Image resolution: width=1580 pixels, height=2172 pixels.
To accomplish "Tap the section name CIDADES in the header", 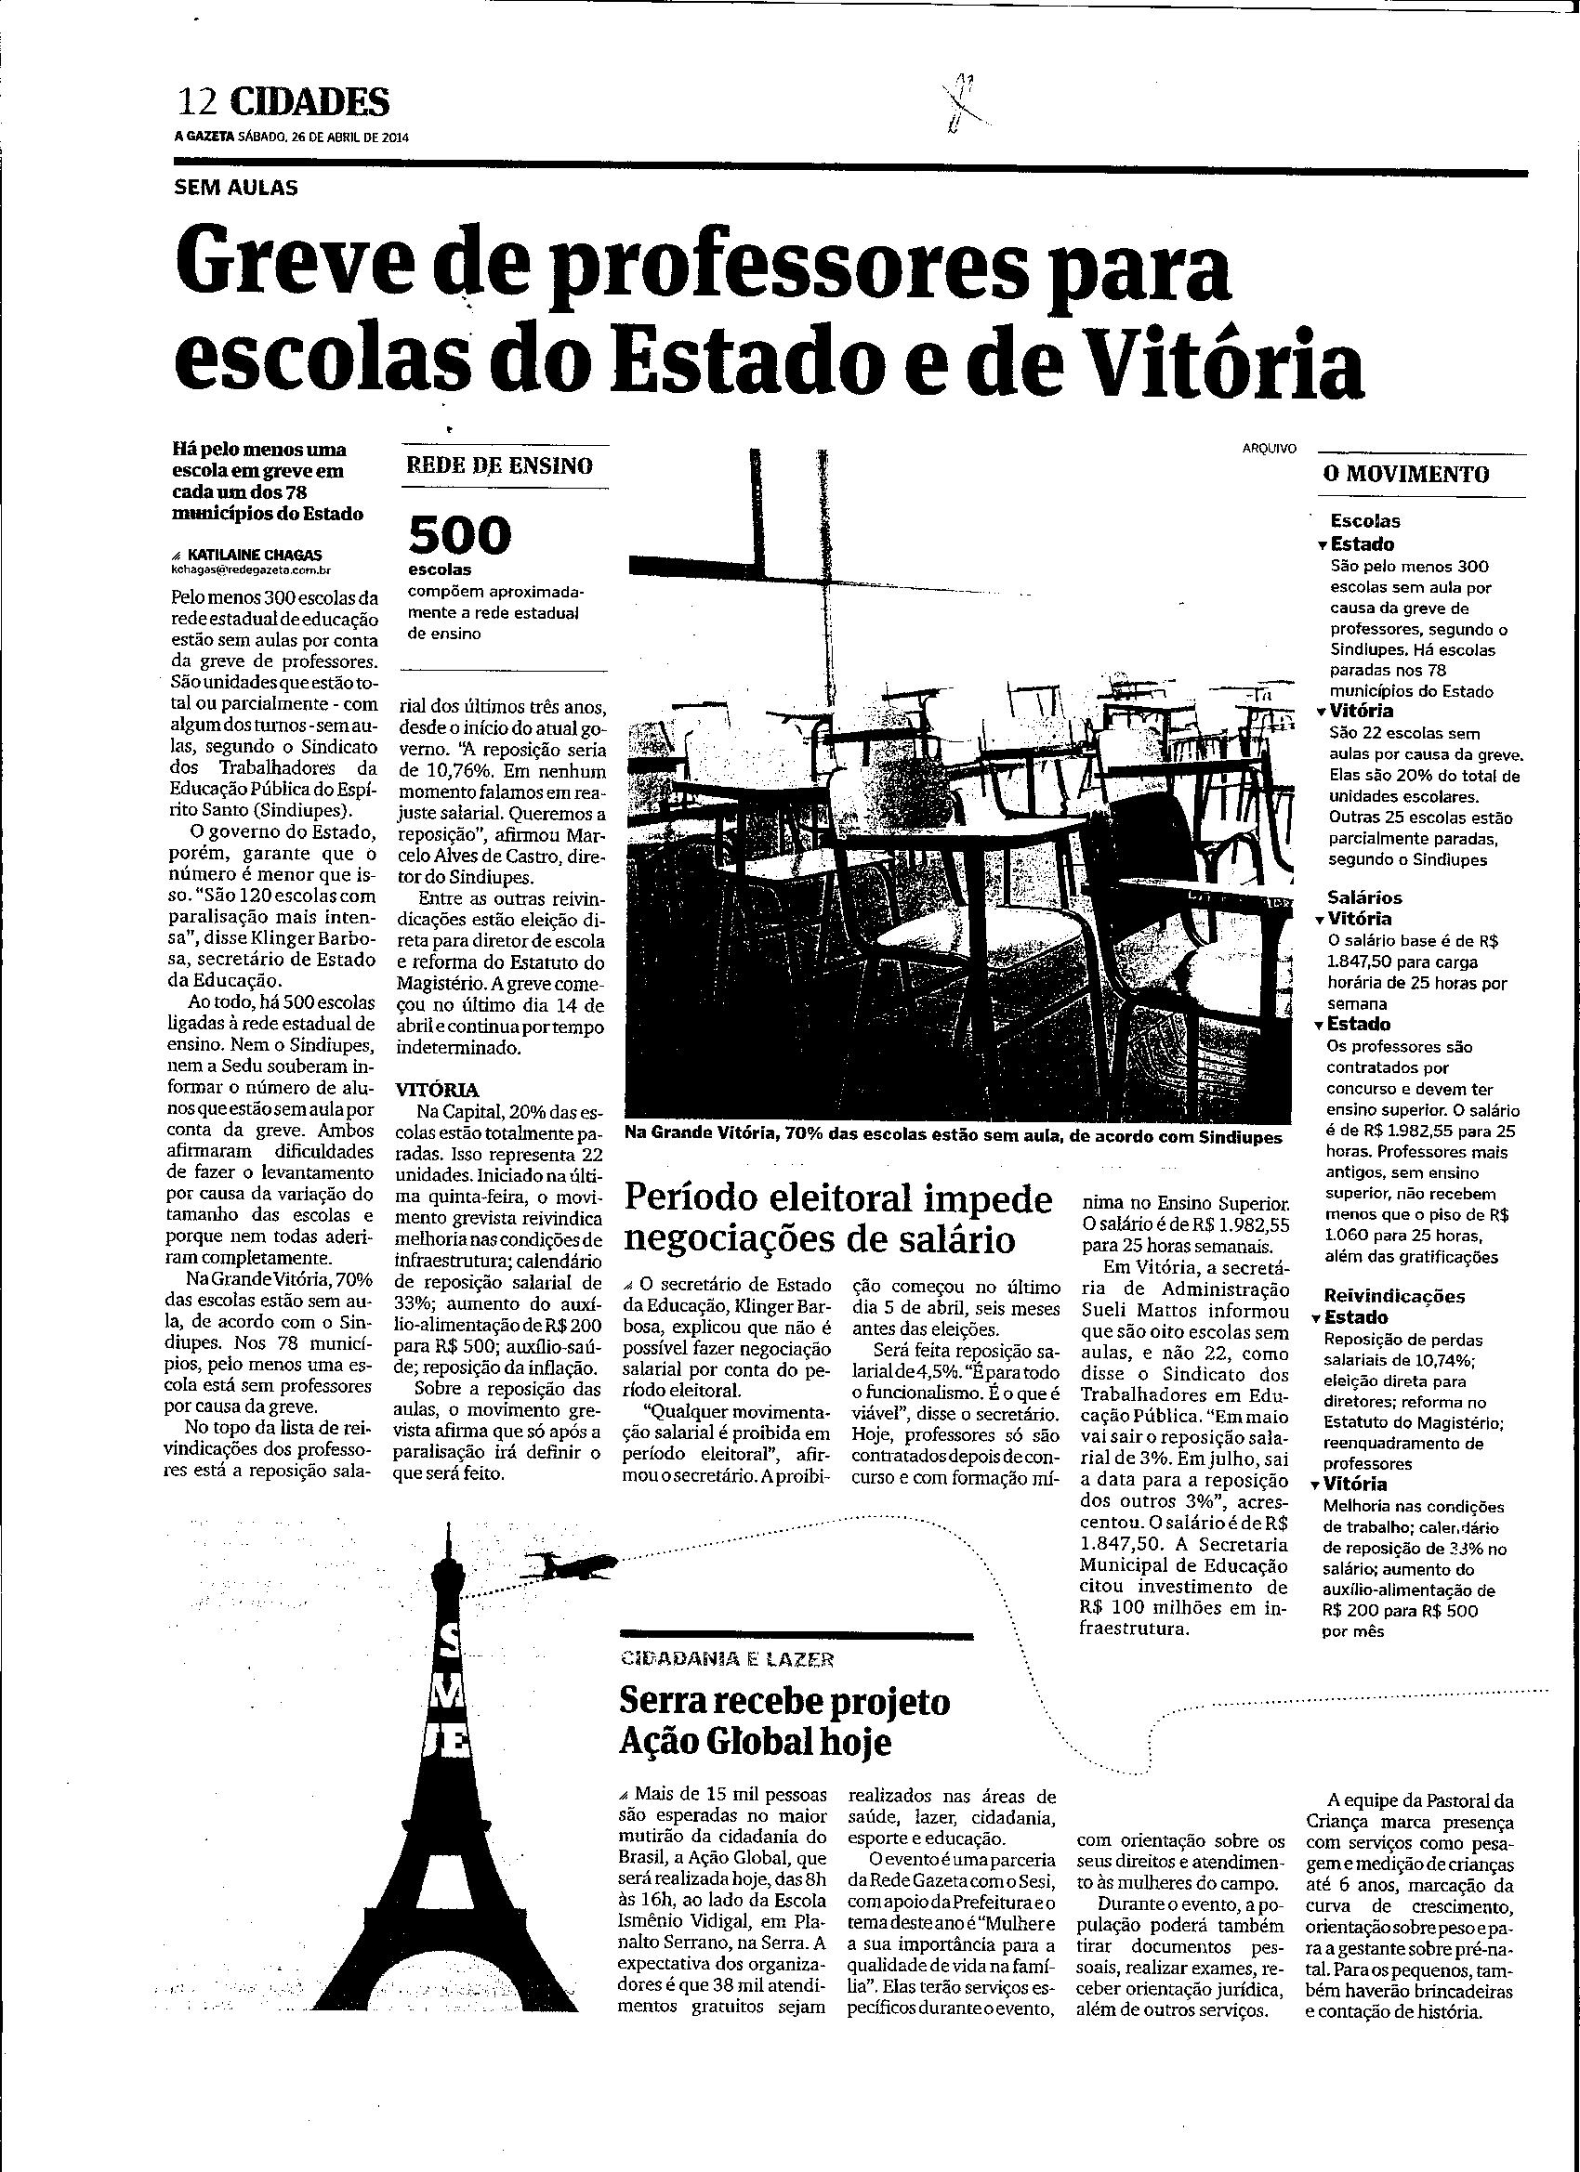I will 310,101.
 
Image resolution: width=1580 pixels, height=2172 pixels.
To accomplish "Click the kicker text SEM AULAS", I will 236,188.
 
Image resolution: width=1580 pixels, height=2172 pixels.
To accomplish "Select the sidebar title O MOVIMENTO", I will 1405,473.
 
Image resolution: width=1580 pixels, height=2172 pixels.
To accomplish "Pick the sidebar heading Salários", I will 1365,897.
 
